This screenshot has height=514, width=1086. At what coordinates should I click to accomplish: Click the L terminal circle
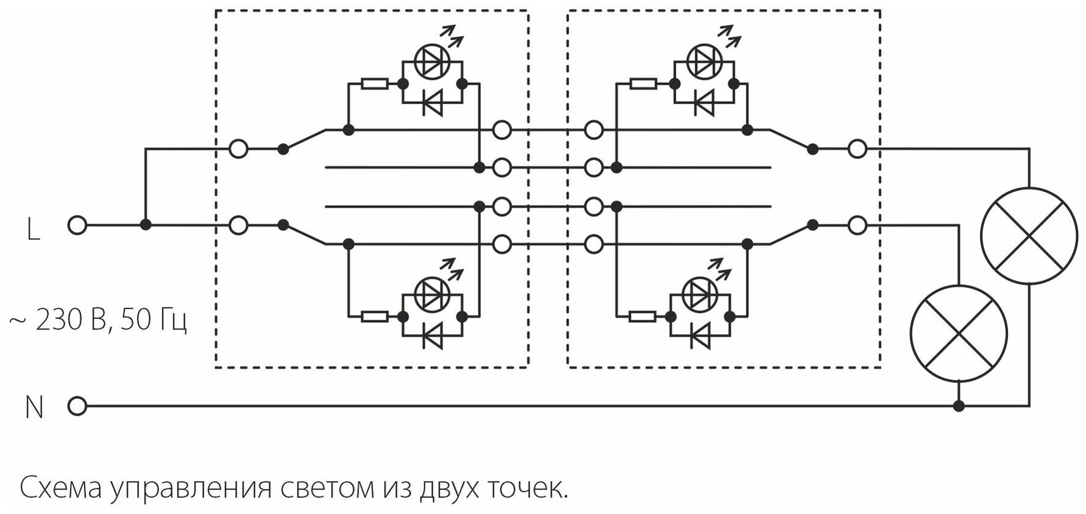pos(77,225)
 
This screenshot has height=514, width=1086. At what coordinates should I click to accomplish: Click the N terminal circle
pos(77,406)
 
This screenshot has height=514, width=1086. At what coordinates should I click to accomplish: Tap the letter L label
pos(34,230)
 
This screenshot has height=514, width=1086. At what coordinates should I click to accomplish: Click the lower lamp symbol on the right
pos(959,333)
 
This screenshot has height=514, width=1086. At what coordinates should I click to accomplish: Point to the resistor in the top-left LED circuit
pos(374,83)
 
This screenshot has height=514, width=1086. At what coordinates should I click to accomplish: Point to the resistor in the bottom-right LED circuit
pos(642,316)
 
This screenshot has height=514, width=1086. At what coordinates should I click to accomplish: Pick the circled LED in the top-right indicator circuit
pos(703,60)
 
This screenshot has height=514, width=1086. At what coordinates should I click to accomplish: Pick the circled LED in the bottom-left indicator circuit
pos(431,293)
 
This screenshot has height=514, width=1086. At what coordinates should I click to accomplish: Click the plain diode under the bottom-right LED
pos(702,336)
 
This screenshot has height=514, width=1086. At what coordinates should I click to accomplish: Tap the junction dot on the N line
pos(959,406)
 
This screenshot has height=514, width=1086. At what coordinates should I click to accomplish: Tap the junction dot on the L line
pos(145,225)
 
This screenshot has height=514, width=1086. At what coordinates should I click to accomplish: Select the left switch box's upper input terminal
pos(238,149)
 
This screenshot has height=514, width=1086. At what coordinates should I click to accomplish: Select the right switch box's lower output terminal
pos(857,225)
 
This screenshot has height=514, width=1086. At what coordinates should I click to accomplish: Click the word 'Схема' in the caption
pos(61,488)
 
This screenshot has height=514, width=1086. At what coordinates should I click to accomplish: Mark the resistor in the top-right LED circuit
pos(643,83)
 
